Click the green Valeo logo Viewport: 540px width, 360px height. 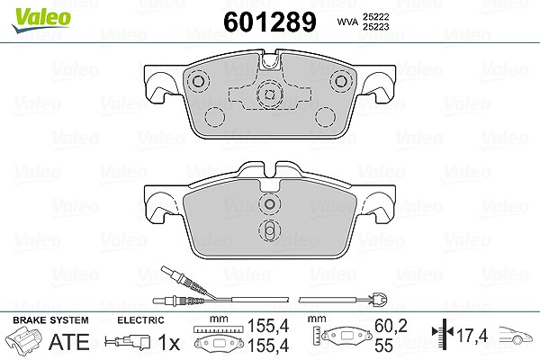[x=40, y=20]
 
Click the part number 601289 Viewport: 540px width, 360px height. [x=270, y=22]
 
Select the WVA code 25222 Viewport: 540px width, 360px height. [x=375, y=17]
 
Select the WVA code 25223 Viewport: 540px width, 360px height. [x=375, y=27]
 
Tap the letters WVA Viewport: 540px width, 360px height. [x=347, y=22]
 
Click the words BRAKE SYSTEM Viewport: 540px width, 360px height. [x=50, y=320]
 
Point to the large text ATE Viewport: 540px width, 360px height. [x=69, y=342]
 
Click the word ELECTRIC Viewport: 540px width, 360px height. [x=140, y=320]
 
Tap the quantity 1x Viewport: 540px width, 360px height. [x=169, y=342]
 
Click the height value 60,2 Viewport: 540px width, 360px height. [x=391, y=326]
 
